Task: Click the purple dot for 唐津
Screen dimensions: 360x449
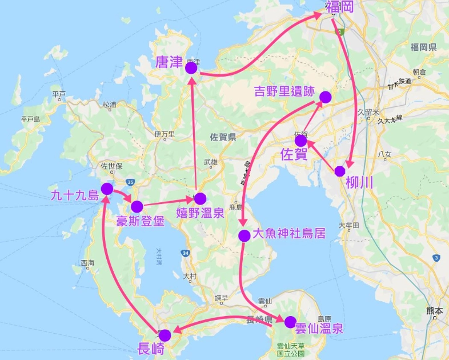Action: point(191,68)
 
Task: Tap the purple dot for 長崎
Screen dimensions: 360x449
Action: point(165,335)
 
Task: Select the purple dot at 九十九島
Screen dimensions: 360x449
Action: point(106,189)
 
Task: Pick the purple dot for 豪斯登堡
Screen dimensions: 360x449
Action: point(137,206)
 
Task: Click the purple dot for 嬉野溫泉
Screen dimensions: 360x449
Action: point(200,199)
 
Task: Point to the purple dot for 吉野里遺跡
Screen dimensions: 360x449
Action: point(325,97)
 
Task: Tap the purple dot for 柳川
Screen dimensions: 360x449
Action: point(340,171)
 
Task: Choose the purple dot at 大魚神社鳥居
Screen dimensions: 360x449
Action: point(243,235)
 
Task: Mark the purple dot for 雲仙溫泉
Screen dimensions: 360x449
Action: point(290,322)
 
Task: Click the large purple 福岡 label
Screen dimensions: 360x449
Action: point(339,7)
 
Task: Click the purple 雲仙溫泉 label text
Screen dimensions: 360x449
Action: point(319,329)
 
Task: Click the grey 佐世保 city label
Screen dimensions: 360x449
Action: point(111,167)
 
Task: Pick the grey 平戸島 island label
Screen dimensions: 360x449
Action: point(30,119)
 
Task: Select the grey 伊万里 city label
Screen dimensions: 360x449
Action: point(164,134)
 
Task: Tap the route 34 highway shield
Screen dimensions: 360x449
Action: point(186,252)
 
